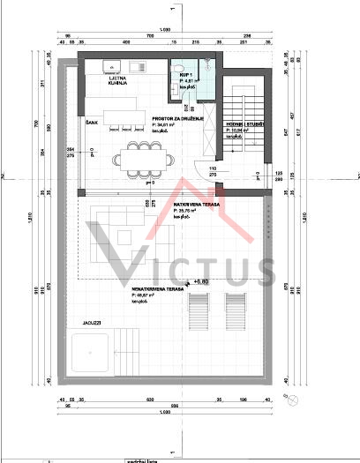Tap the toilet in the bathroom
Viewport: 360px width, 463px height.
pos(179,67)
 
